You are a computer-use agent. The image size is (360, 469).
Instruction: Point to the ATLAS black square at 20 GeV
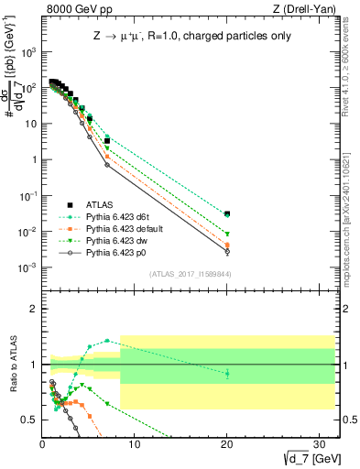pyautogui.click(x=227, y=213)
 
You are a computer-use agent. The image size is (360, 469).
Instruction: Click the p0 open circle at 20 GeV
pyautogui.click(x=227, y=252)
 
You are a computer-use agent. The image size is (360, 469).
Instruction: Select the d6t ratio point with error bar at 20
pyautogui.click(x=227, y=373)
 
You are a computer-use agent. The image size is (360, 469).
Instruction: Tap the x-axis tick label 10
pyautogui.click(x=135, y=444)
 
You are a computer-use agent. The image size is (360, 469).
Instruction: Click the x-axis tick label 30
pyautogui.click(x=320, y=444)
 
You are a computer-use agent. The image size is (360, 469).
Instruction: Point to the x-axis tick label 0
pyautogui.click(x=43, y=444)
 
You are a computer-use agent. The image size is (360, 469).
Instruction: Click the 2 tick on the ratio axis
pyautogui.click(x=35, y=309)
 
